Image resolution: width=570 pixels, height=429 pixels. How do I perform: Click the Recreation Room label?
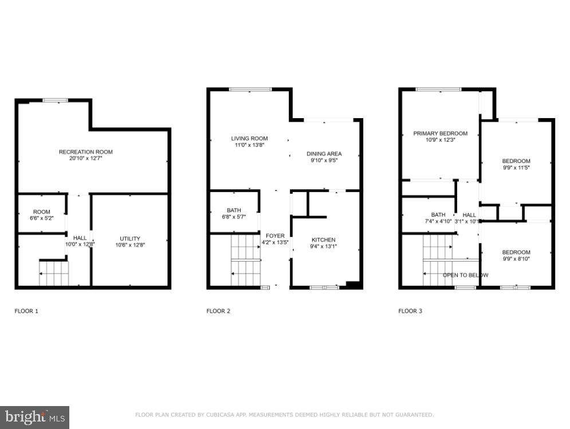[85, 152]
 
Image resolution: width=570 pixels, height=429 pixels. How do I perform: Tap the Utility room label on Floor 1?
[129, 239]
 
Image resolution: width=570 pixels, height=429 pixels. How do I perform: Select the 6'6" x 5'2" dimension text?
[41, 219]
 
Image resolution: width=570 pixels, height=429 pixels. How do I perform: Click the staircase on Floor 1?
[53, 273]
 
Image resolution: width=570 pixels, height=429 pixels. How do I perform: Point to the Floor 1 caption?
[26, 311]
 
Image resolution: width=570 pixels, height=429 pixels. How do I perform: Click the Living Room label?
[249, 138]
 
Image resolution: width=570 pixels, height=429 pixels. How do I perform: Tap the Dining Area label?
[324, 154]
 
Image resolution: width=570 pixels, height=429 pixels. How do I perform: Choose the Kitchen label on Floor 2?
[323, 240]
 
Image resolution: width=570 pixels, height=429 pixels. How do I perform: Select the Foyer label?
[275, 236]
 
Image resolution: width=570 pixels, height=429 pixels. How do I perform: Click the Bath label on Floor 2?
[233, 210]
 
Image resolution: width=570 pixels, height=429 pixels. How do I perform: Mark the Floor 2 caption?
[218, 311]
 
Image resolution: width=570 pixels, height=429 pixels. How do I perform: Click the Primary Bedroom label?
[440, 134]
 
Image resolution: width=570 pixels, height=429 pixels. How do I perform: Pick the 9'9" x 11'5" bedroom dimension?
[516, 168]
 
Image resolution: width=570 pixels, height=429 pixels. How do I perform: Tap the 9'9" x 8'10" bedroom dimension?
[516, 259]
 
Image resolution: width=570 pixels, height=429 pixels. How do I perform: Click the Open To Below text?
[465, 275]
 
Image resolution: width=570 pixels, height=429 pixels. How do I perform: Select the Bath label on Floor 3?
[438, 214]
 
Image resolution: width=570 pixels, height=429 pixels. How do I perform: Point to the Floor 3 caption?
[410, 311]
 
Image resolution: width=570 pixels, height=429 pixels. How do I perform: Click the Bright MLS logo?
[34, 417]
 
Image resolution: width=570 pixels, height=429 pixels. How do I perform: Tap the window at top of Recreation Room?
[55, 100]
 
